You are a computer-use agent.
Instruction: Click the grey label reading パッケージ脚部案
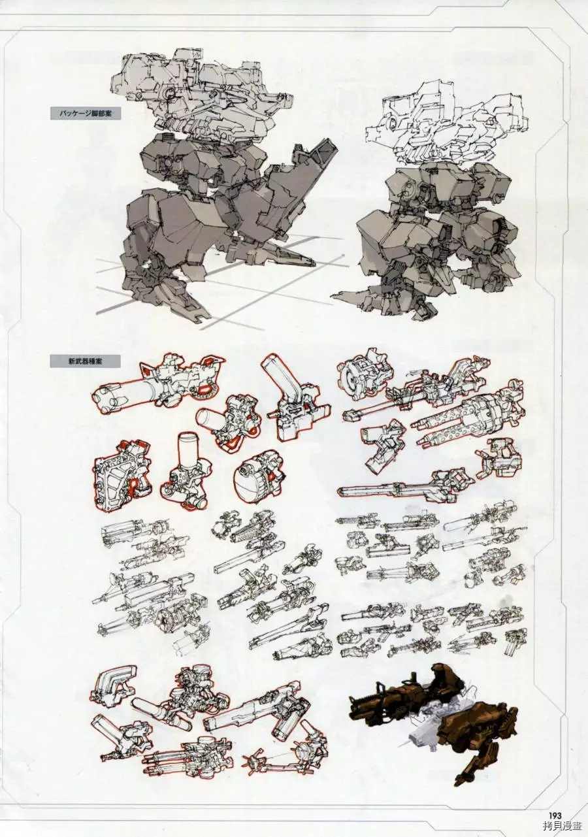click(86, 113)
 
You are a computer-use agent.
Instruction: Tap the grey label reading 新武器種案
click(85, 361)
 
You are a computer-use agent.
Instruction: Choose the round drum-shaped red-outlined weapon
click(261, 479)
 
